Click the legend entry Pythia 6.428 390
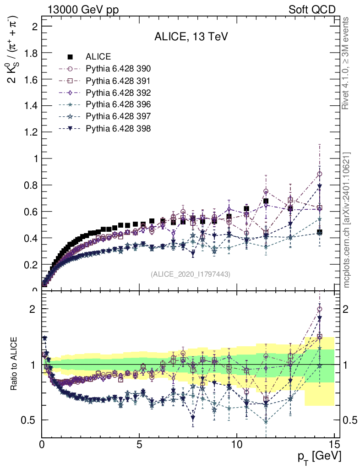(x=118, y=69)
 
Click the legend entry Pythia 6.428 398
(x=118, y=129)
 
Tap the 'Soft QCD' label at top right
(x=311, y=10)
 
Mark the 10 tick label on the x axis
(x=236, y=444)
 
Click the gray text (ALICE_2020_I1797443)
(x=190, y=274)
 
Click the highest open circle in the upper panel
(x=319, y=174)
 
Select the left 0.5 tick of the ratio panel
(x=30, y=420)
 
